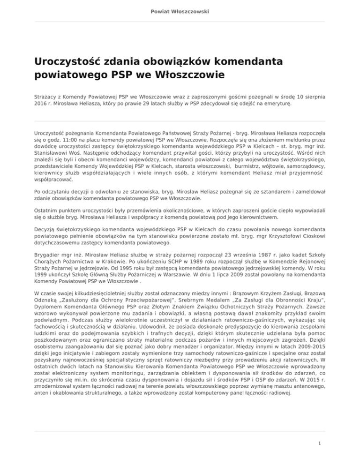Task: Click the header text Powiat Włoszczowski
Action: (180, 11)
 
